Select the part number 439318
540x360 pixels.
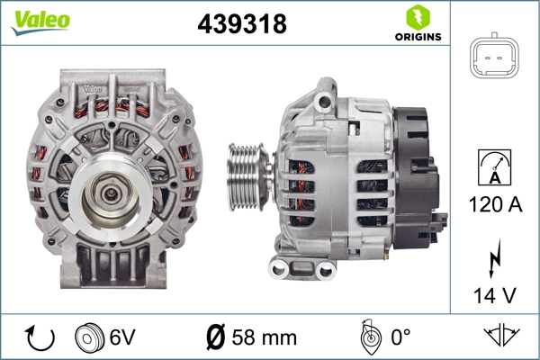pos(241,25)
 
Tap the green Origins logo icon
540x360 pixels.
pos(417,17)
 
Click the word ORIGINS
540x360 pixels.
pos(417,37)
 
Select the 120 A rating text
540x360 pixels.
pos(496,205)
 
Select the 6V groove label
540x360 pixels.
pos(122,338)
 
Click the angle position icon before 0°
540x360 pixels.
pos(366,337)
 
